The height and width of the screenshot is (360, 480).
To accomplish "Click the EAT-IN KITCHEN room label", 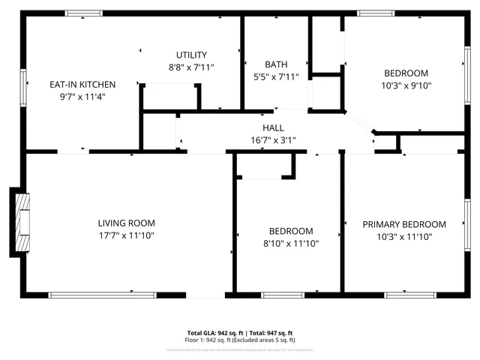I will [82, 84].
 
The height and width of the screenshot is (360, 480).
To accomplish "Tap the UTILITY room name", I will [191, 55].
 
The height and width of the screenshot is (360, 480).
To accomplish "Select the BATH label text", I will [275, 64].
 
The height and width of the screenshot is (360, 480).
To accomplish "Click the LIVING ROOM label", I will [126, 223].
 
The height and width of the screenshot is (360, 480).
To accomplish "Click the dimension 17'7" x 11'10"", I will [126, 235].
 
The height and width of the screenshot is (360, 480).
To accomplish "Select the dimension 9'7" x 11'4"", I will [82, 96].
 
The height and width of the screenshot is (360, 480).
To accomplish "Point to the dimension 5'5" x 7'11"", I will [275, 76].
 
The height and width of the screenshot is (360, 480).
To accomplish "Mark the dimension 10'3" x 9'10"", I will [406, 85].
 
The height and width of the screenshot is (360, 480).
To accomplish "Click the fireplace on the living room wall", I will [22, 223].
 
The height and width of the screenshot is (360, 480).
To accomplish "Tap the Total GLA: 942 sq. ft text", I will [212, 332].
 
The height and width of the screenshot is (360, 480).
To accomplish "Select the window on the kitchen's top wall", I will [82, 13].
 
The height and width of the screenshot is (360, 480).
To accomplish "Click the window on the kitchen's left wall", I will [24, 82].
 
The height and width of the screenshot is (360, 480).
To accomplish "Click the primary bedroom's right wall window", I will [466, 223].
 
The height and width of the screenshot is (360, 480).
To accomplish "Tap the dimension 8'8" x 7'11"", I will [191, 67].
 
